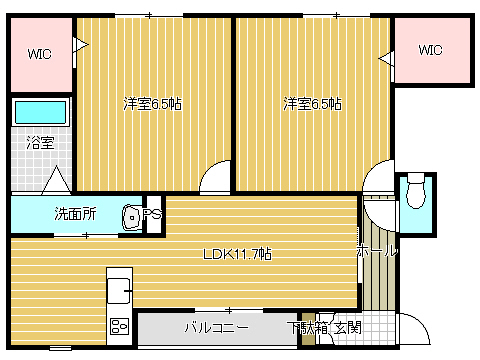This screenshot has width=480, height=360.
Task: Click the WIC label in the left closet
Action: [x=40, y=54]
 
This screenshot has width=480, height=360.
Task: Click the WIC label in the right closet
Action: [x=430, y=50]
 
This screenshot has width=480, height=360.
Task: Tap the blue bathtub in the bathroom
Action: [x=40, y=112]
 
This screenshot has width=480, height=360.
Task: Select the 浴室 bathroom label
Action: [x=40, y=143]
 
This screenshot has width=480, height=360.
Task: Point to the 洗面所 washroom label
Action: [x=75, y=214]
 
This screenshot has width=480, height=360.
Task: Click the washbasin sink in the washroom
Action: [x=132, y=217]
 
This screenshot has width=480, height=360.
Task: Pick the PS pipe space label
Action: [x=152, y=214]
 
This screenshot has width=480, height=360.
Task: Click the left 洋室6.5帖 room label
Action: [x=152, y=104]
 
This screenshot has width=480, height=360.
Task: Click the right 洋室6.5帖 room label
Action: [x=312, y=104]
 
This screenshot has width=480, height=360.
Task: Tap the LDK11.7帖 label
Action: [x=237, y=254]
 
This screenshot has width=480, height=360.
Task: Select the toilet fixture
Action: [x=416, y=191]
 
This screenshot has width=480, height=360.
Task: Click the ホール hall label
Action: [x=377, y=251]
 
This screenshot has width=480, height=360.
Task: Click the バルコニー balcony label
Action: [x=217, y=328]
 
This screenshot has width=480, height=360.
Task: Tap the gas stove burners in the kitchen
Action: [x=120, y=327]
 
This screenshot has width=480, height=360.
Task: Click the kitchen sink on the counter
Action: [x=119, y=291]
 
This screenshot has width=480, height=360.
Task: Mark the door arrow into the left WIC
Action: [x=81, y=45]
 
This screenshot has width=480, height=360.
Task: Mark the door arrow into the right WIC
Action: [x=386, y=59]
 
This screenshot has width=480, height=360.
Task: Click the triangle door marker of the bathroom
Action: [x=57, y=180]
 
